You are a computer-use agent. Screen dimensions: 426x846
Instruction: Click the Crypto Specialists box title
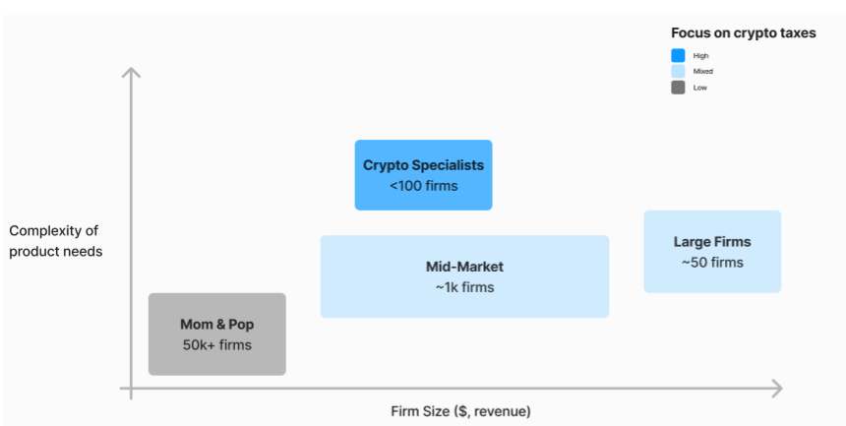coord(423,165)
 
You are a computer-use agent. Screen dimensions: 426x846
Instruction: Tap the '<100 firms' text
coord(423,185)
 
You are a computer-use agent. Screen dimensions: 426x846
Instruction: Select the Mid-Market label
coord(464,267)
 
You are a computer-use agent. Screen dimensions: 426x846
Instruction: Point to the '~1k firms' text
coord(464,287)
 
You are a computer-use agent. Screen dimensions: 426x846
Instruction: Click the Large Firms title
coord(712,242)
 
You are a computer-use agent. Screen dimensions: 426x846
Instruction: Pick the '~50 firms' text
coord(712,263)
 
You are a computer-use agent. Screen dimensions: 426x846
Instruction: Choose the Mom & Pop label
coord(216,324)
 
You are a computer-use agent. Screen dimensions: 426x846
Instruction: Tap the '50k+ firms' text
coord(216,344)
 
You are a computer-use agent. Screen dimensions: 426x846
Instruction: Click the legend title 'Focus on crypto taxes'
coord(743,33)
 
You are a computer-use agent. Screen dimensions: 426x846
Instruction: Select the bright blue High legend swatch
coord(678,56)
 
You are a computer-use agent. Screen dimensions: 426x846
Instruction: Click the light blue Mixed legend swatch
coord(678,72)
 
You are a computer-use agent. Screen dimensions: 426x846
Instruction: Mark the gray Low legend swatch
coord(678,88)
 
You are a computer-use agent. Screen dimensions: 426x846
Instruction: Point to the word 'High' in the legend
coord(700,56)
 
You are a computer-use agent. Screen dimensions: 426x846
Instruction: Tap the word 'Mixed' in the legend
coord(702,72)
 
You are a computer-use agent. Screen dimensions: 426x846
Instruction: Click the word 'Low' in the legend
coord(699,88)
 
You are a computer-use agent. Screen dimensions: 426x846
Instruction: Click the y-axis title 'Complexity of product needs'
coord(55,241)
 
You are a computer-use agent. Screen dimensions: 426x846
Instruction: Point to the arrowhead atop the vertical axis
coord(130,72)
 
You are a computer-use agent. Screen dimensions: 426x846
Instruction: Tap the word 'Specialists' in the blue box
coord(448,165)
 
